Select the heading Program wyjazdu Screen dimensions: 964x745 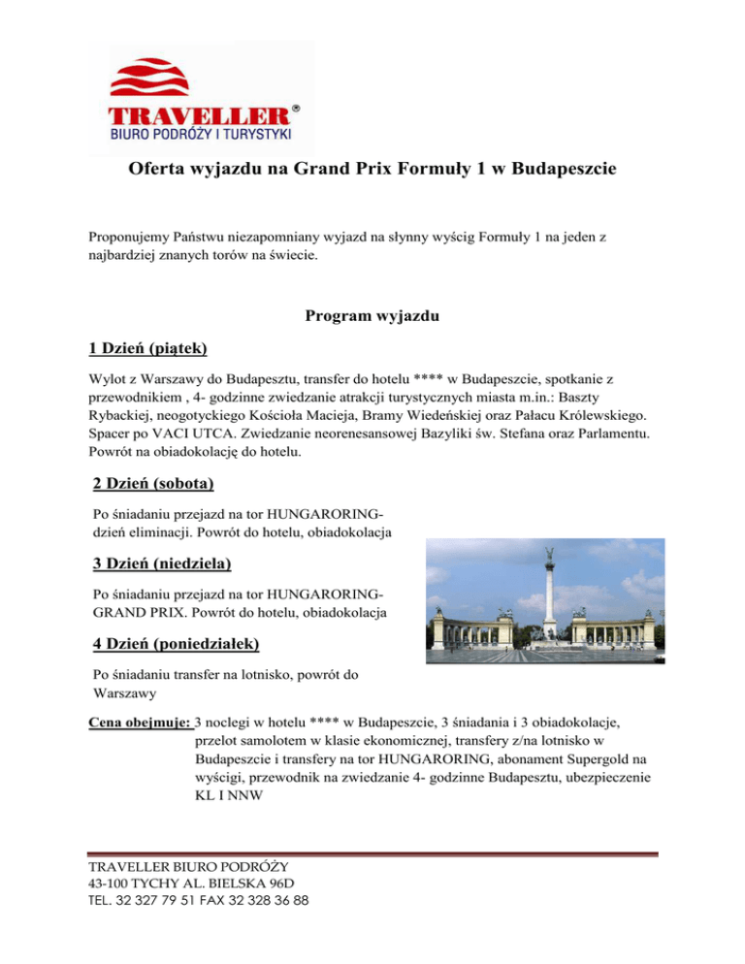(372, 315)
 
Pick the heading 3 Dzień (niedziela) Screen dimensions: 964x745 (162, 562)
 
